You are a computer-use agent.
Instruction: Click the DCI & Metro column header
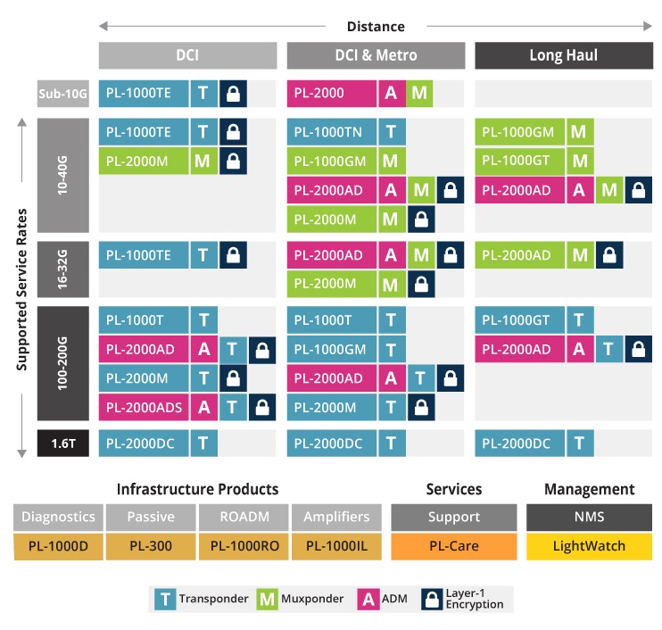(376, 55)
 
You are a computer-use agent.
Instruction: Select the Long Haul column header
(563, 55)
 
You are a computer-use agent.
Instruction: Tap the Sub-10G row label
(62, 93)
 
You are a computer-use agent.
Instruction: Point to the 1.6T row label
(62, 443)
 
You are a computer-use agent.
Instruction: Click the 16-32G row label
(62, 268)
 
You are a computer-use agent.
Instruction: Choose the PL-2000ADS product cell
(144, 408)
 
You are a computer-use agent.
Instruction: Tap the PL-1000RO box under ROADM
(244, 546)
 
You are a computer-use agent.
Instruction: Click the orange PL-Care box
(453, 546)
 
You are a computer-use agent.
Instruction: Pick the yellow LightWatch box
(589, 546)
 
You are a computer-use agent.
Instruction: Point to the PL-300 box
(151, 546)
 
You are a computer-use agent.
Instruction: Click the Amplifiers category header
(335, 517)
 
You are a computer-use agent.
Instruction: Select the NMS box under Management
(589, 517)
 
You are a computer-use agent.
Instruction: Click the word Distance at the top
(376, 27)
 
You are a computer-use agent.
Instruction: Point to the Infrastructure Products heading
(197, 489)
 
